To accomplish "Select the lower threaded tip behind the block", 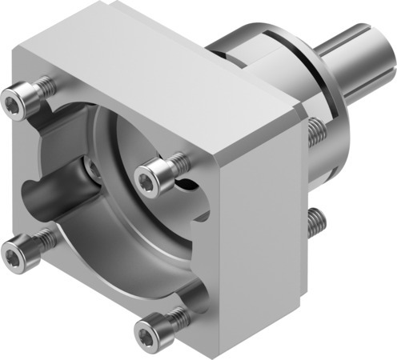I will tap(318, 218).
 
